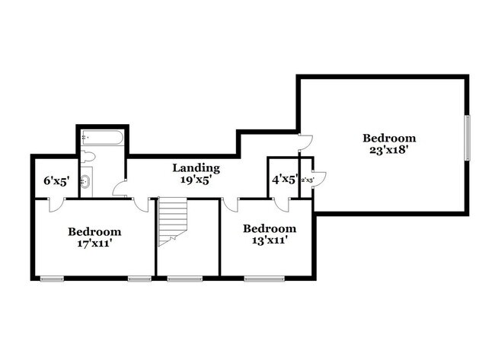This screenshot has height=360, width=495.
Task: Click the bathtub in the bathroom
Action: [102, 139]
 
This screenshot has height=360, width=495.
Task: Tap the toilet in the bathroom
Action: [88, 158]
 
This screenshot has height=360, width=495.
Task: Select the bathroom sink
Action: [86, 181]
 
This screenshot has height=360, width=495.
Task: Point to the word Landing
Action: [196, 167]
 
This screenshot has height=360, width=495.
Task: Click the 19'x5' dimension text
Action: [196, 180]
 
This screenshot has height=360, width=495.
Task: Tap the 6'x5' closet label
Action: [56, 181]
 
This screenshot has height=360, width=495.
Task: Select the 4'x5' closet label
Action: [285, 180]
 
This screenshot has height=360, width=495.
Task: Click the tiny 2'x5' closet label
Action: [308, 180]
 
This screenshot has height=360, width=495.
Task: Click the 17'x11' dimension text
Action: [94, 244]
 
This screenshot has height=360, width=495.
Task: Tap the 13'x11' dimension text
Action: [269, 241]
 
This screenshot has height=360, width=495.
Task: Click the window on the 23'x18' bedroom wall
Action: [468, 137]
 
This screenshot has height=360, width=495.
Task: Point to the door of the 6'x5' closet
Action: [53, 204]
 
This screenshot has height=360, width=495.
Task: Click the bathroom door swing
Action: [119, 188]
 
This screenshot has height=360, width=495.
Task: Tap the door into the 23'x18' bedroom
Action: [305, 142]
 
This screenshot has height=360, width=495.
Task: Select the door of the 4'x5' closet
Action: [282, 204]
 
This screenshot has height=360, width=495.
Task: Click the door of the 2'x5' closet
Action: [320, 179]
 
